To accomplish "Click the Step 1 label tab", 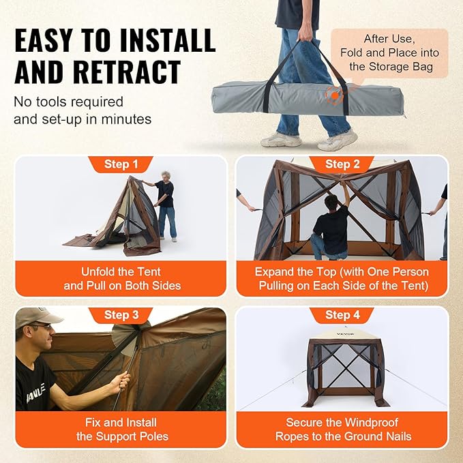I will tap(121, 164).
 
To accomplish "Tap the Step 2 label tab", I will tap(342, 164).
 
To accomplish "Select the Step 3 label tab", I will tap(121, 315).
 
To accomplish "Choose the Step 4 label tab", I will tap(342, 315).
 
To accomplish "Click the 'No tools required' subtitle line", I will tap(69, 102).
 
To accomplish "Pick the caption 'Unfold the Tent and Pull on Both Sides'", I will tap(121, 278).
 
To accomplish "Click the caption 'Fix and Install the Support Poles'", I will tap(121, 430).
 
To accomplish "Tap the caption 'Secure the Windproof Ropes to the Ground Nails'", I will tap(342, 430).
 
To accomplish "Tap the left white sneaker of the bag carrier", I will tap(281, 139).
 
